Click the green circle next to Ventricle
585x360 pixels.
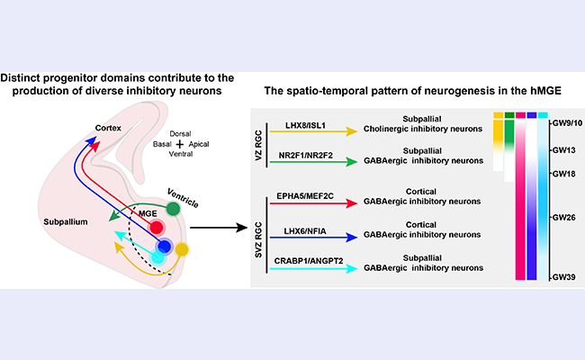[x=173, y=208]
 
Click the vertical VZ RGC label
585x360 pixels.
[x=262, y=141]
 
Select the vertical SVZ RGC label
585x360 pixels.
[x=262, y=231]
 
